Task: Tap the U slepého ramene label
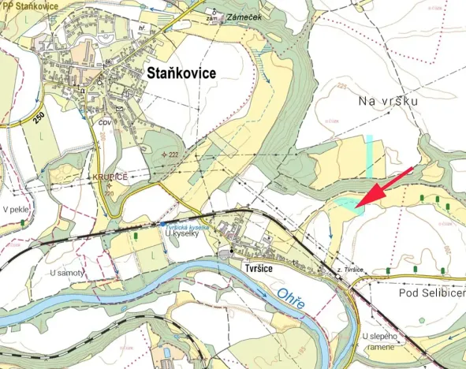coord(382,342)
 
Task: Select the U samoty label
coord(67,273)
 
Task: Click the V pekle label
coord(16,210)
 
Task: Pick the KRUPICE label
coord(109,177)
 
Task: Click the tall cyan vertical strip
coord(369,155)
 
